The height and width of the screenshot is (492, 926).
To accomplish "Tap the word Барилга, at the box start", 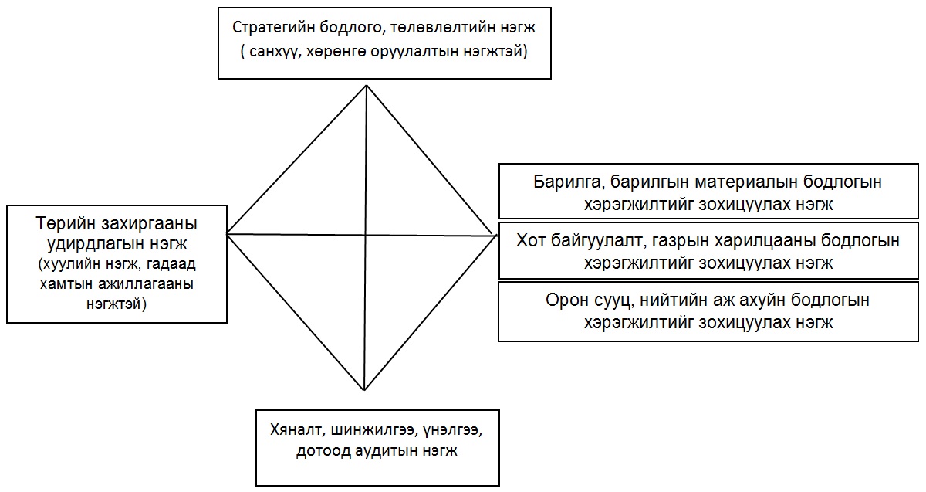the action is (569, 182).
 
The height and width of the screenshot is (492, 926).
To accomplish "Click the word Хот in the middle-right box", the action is (531, 240).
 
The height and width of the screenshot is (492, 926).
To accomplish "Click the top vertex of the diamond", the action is (367, 86).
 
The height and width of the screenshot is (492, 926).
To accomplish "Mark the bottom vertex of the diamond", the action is (364, 390).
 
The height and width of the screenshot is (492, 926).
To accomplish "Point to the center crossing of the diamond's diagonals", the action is (366, 235).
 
